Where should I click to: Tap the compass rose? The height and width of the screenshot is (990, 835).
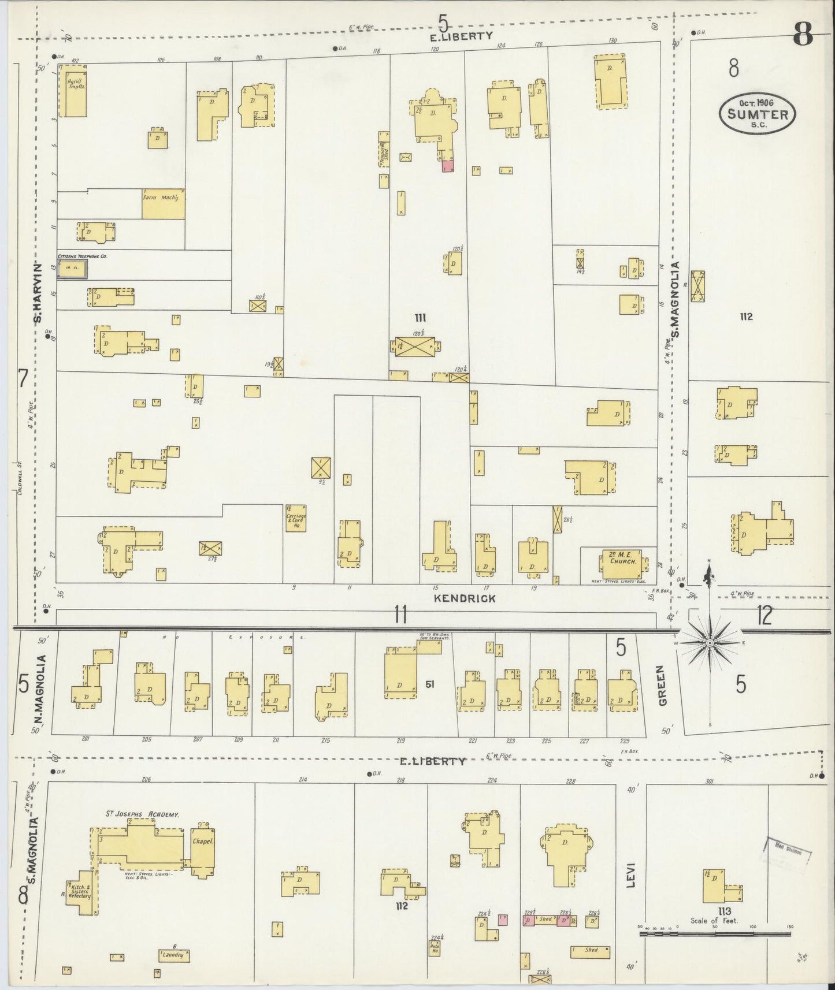click(x=710, y=642)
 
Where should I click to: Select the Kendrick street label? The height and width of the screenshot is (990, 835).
click(x=465, y=598)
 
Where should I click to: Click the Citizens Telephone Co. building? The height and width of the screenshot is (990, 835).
click(x=72, y=269)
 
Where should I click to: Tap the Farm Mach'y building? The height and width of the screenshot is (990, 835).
click(x=164, y=204)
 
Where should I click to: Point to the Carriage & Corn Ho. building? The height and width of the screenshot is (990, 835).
click(x=295, y=517)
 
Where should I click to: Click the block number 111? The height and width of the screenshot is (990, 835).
click(x=420, y=317)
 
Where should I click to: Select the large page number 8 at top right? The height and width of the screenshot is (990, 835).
click(x=803, y=36)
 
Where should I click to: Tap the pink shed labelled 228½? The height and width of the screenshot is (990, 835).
click(x=528, y=920)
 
